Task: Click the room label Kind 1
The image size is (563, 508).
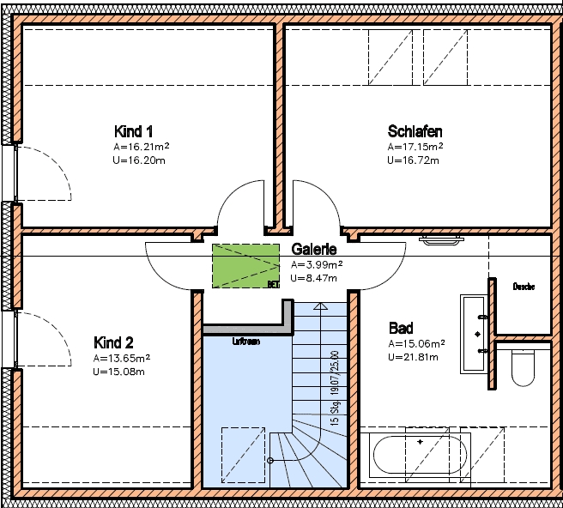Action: (133, 131)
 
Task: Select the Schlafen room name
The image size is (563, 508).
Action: (415, 131)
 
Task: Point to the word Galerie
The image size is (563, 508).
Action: (313, 249)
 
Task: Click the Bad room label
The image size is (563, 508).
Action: (401, 328)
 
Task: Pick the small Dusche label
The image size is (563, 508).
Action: (524, 287)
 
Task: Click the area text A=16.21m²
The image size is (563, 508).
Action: (141, 147)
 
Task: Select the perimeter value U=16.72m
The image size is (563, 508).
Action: (413, 160)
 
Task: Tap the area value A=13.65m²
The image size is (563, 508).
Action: (121, 358)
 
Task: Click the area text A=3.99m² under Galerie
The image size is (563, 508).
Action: (317, 264)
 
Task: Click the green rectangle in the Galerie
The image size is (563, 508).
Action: (246, 265)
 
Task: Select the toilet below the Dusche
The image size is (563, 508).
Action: (523, 366)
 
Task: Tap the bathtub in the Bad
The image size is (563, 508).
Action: (419, 454)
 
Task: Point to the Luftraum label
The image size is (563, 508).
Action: (246, 341)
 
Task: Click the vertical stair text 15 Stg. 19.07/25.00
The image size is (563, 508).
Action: (335, 388)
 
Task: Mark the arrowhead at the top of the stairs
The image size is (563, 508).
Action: (320, 305)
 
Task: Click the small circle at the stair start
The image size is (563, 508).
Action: (270, 461)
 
